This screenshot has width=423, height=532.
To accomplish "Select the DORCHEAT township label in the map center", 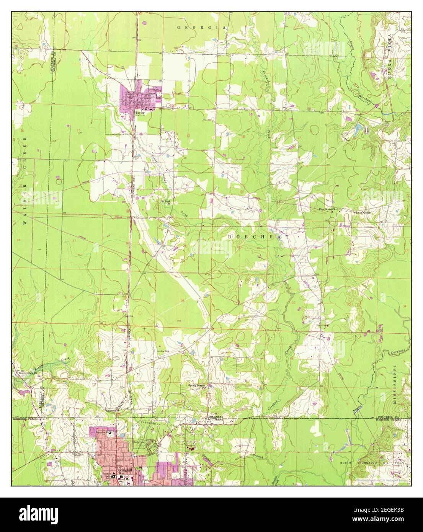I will click(x=258, y=237).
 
